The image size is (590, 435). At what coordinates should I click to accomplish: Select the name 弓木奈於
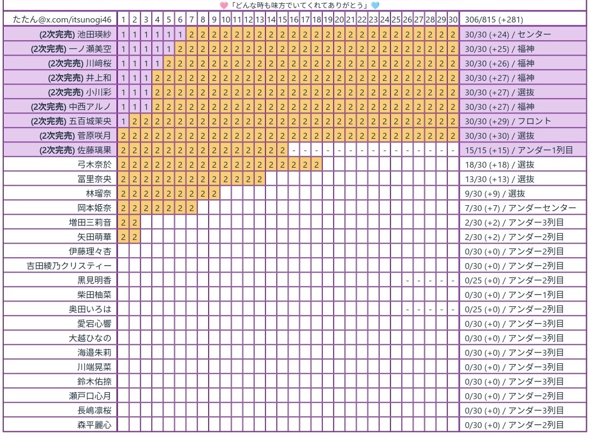coord(95,164)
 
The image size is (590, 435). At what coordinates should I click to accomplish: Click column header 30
coord(453,20)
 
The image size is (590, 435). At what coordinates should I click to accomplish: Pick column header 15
coord(282,20)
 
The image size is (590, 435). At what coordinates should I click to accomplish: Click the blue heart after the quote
coord(374,5)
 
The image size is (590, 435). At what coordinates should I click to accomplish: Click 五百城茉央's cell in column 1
coord(123,121)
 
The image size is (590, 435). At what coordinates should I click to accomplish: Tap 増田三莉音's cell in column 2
coord(135,222)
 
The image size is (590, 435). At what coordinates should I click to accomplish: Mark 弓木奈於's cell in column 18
coord(316,164)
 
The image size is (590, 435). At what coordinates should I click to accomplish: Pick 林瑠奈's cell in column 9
coord(214,193)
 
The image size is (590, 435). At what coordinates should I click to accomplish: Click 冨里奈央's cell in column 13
coord(260,179)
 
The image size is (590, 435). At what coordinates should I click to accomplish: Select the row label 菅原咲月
coord(95,136)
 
